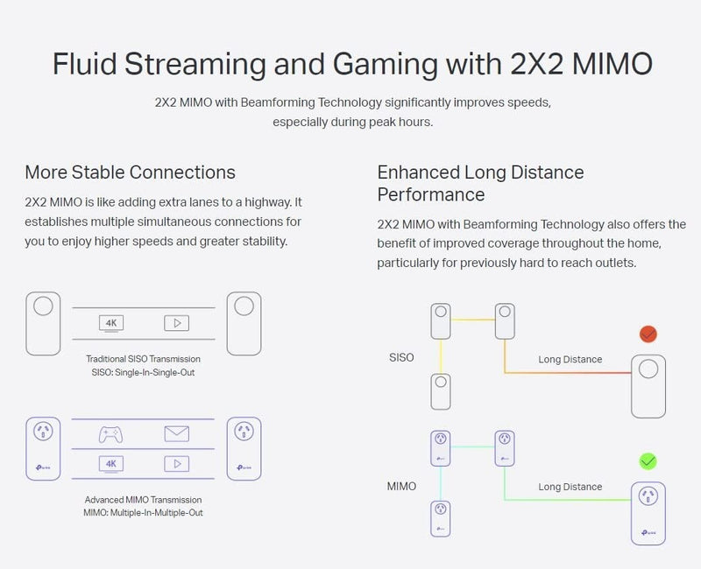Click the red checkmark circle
(x=648, y=334)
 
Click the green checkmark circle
(x=648, y=461)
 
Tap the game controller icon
(x=111, y=434)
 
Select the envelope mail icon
(x=177, y=433)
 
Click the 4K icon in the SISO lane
(x=111, y=323)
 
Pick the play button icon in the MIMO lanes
(x=177, y=464)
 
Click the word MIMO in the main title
(x=612, y=64)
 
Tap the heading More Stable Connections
(x=130, y=172)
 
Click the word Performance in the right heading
(x=431, y=194)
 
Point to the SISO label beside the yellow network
(x=401, y=357)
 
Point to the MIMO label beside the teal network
(x=401, y=486)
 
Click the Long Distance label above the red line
(x=570, y=360)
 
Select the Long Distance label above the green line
(x=570, y=487)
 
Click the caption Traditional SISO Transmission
(x=143, y=359)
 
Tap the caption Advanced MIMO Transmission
(x=143, y=500)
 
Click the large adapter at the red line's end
(x=648, y=386)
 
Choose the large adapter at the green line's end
(x=648, y=514)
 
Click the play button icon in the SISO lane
(x=177, y=323)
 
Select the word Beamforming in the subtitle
(x=278, y=102)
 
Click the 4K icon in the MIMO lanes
(x=111, y=464)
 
